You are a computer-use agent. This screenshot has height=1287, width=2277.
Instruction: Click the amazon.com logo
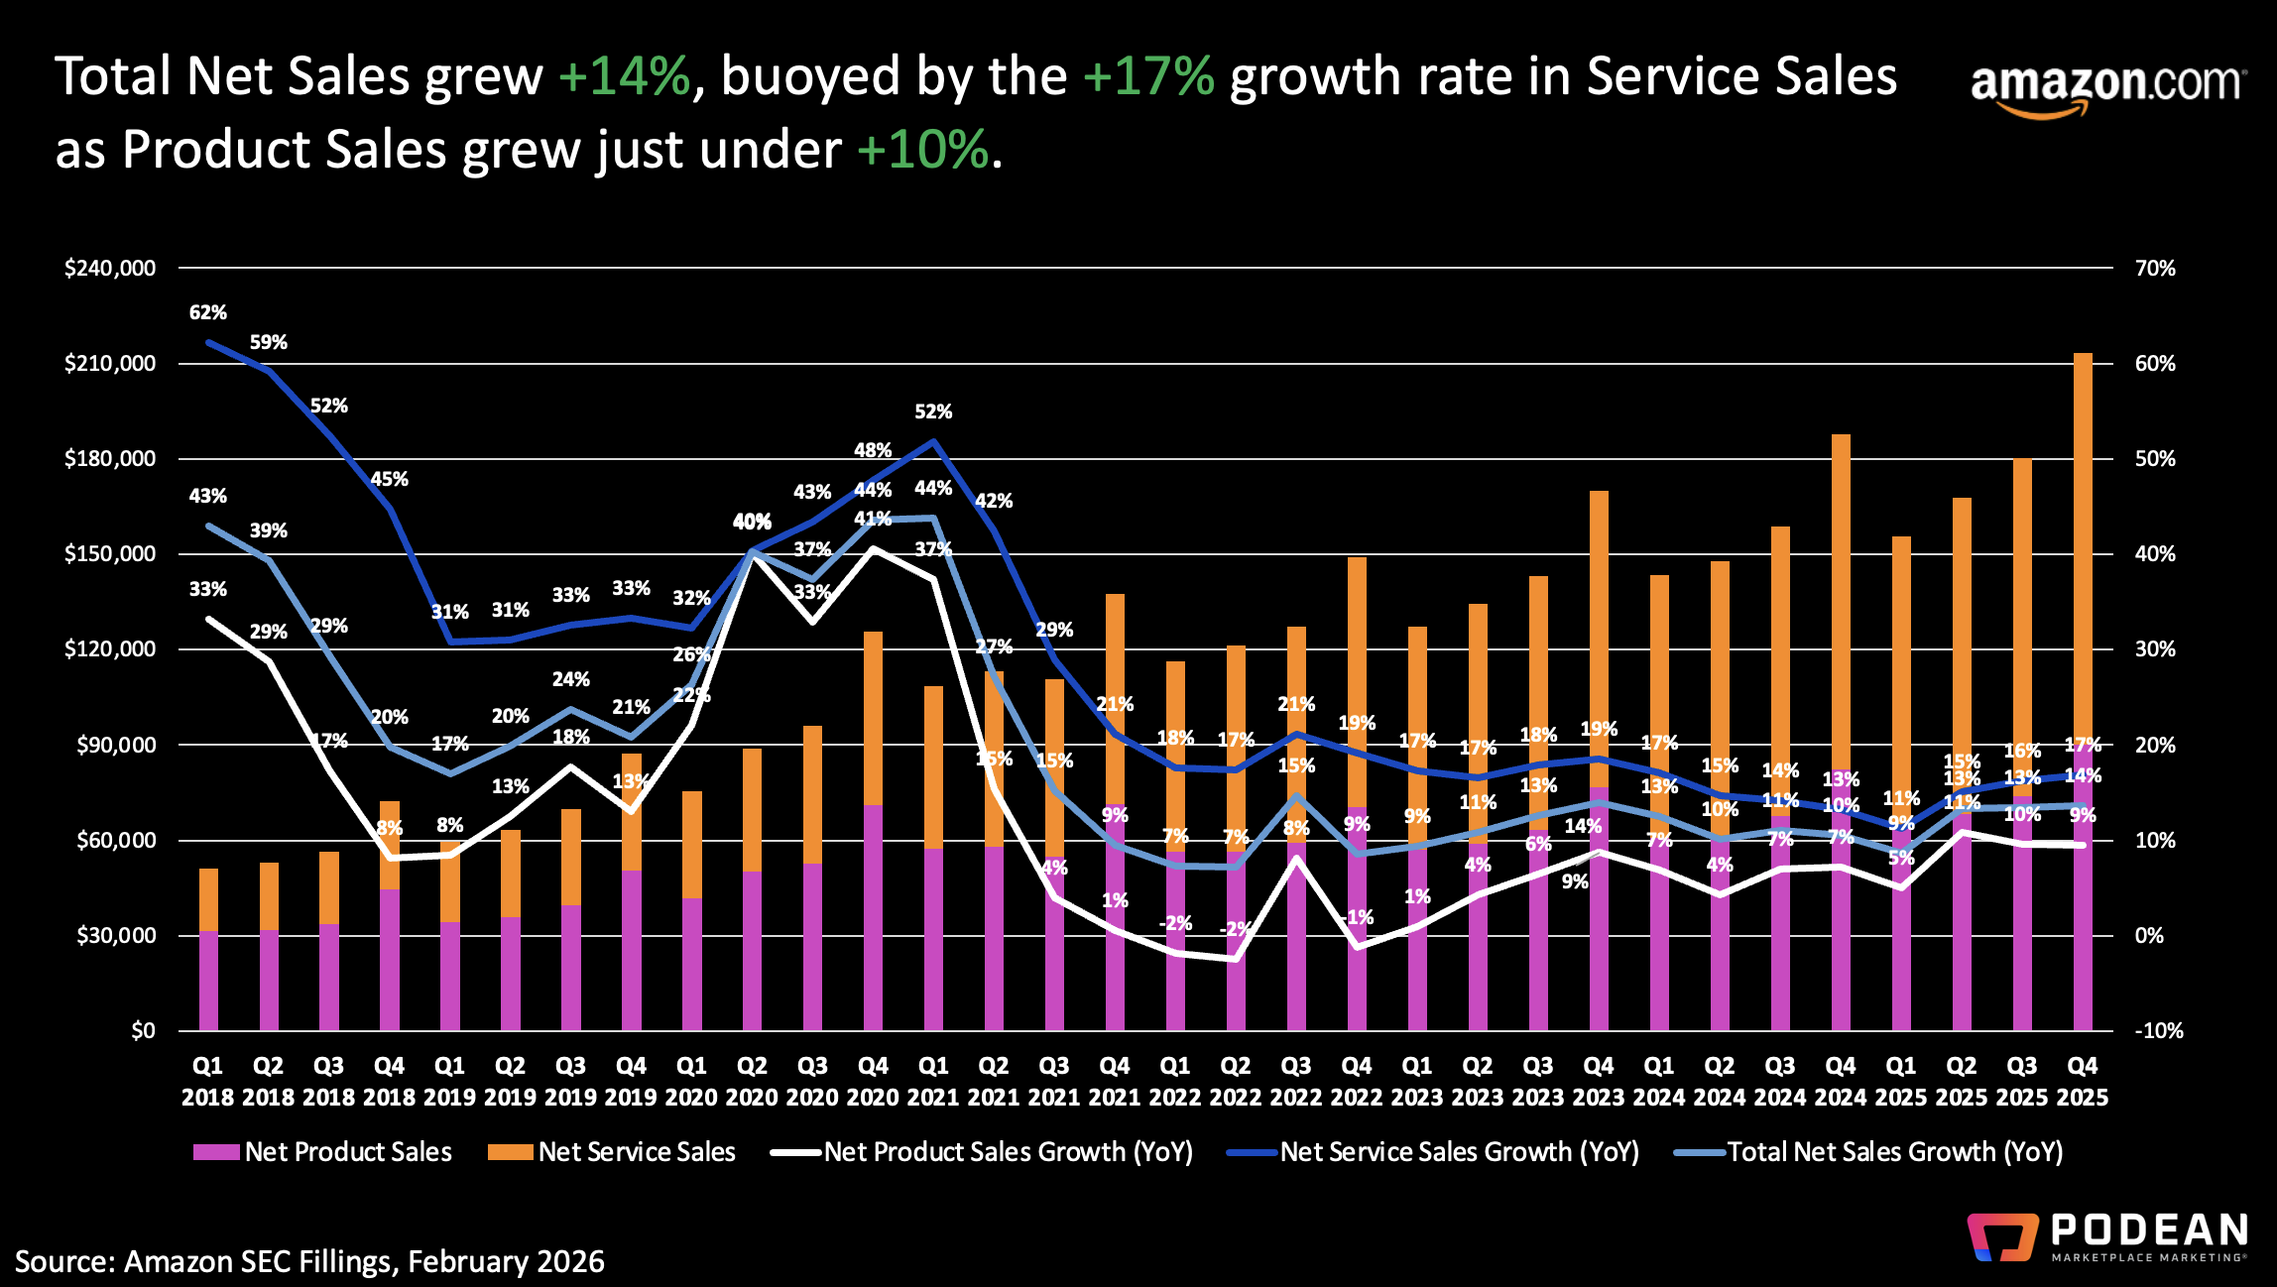pyautogui.click(x=2104, y=87)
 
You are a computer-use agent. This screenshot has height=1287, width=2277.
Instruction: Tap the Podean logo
pyautogui.click(x=2107, y=1237)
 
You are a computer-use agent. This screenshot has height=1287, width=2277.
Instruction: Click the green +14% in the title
pyautogui.click(x=624, y=76)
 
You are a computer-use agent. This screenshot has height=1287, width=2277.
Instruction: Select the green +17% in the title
pyautogui.click(x=1148, y=76)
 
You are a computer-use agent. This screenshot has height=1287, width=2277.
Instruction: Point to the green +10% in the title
pyautogui.click(x=922, y=150)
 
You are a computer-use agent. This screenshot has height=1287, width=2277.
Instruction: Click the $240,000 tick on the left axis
pyautogui.click(x=110, y=268)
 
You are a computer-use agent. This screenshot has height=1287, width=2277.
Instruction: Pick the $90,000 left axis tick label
pyautogui.click(x=116, y=745)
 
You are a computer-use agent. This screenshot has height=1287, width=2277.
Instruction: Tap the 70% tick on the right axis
pyautogui.click(x=2155, y=268)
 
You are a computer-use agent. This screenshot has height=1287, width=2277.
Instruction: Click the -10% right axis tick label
pyautogui.click(x=2159, y=1030)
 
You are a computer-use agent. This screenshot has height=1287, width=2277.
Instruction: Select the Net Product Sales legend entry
pyautogui.click(x=323, y=1151)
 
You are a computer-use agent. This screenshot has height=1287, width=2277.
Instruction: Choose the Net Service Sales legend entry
pyautogui.click(x=612, y=1151)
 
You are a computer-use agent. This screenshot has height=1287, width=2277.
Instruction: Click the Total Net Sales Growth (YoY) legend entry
pyautogui.click(x=1869, y=1151)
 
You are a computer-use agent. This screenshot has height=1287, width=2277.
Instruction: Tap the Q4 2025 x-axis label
pyautogui.click(x=2082, y=1081)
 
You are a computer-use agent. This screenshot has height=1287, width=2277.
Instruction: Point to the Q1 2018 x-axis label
pyautogui.click(x=207, y=1081)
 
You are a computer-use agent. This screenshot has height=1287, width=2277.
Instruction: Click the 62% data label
pyautogui.click(x=208, y=312)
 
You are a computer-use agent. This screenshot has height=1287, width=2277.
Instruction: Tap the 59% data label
pyautogui.click(x=269, y=342)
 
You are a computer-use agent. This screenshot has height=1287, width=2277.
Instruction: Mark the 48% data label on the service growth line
pyautogui.click(x=873, y=450)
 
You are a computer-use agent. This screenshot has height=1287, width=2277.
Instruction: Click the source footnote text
pyautogui.click(x=309, y=1261)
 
